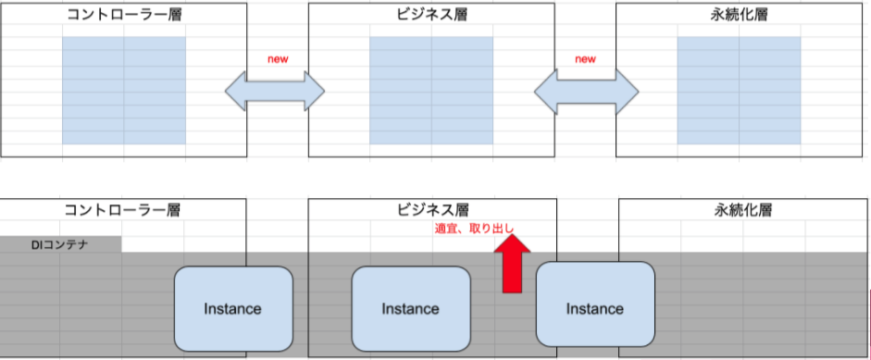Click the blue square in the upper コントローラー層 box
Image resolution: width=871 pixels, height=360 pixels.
tap(124, 90)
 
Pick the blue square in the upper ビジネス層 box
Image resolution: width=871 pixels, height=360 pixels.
tap(431, 90)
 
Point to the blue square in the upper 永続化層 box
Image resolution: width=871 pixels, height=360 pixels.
tap(739, 90)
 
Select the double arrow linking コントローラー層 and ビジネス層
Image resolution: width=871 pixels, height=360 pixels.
tap(276, 91)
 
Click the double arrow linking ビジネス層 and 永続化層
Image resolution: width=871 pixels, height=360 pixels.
tap(587, 91)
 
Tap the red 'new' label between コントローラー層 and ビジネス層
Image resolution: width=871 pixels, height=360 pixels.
tap(278, 59)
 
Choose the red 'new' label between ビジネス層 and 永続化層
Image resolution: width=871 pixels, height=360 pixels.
tap(585, 59)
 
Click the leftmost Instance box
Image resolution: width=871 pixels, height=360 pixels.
tap(232, 308)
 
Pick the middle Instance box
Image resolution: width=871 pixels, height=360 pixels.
tap(411, 308)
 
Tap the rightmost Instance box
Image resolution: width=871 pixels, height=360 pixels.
tap(594, 308)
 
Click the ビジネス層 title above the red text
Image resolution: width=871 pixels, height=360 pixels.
tap(432, 210)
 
